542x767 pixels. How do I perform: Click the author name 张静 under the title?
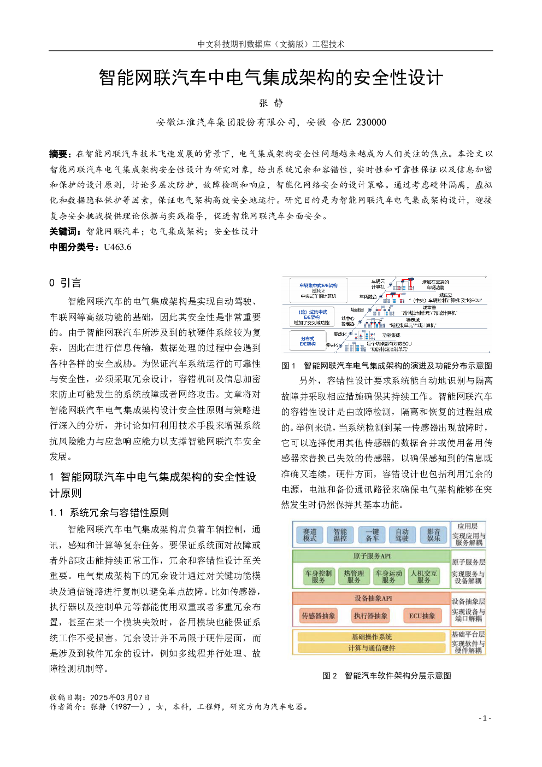(271, 103)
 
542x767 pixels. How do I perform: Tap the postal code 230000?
(371, 122)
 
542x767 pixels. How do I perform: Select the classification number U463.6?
(117, 247)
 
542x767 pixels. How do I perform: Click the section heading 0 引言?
(65, 283)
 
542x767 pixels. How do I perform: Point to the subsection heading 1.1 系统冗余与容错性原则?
(109, 513)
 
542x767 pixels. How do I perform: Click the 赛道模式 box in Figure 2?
(310, 535)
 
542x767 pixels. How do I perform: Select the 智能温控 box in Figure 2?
(340, 535)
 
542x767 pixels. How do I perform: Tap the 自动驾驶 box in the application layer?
(402, 535)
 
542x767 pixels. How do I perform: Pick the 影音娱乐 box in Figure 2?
(434, 535)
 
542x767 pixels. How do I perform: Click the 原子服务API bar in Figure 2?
(372, 556)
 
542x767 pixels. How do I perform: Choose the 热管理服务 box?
(354, 576)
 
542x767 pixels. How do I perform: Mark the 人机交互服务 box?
(424, 576)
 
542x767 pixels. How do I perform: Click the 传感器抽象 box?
(319, 616)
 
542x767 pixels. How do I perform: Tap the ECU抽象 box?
(422, 616)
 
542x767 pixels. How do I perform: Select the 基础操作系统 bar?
(372, 637)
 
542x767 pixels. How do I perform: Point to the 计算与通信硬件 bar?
(372, 648)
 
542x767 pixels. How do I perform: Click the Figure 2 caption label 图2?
(329, 676)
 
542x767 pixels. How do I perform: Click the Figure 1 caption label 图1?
(288, 366)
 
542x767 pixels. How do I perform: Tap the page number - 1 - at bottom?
(485, 718)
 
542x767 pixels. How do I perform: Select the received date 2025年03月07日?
(120, 698)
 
